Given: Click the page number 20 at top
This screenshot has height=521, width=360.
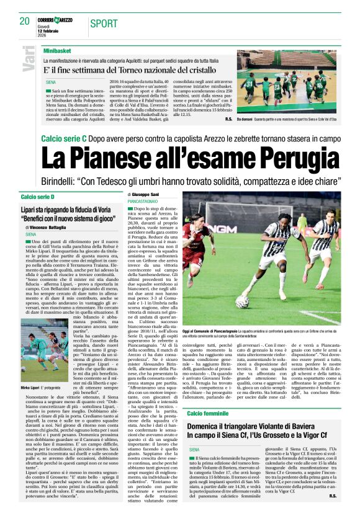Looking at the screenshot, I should tap(25, 22).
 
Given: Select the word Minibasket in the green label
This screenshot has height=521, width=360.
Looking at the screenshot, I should tap(58, 50).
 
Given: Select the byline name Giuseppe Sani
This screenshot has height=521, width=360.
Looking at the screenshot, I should tap(146, 195).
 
